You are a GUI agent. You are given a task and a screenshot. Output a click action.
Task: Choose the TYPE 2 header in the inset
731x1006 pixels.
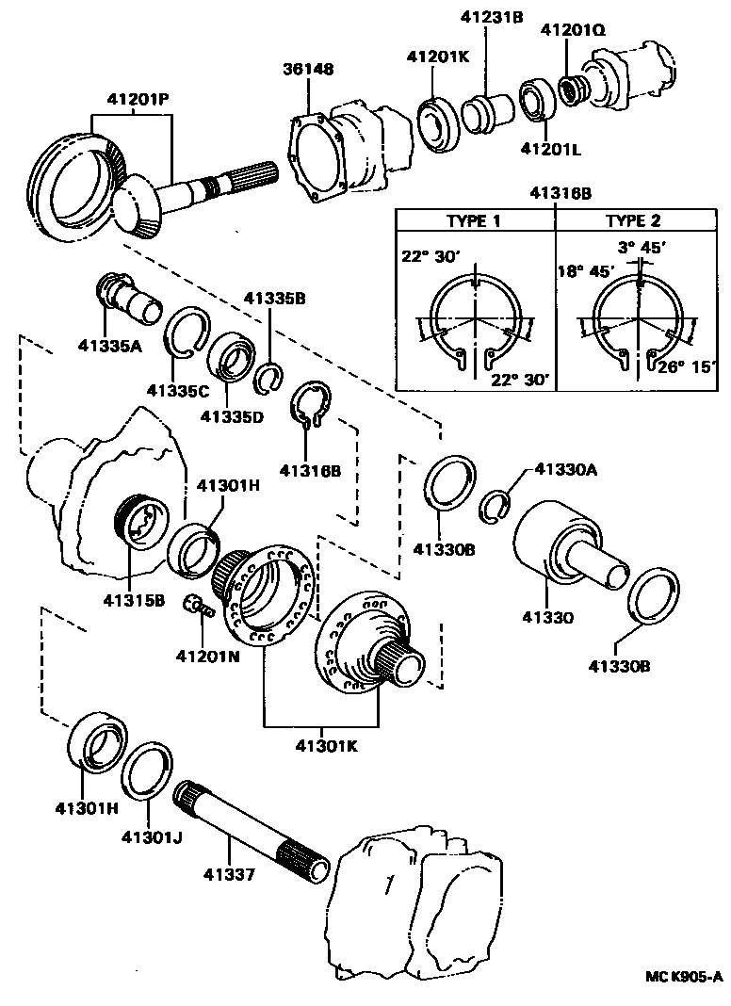tap(633, 221)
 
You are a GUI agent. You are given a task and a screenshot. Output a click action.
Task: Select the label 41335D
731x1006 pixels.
tap(231, 414)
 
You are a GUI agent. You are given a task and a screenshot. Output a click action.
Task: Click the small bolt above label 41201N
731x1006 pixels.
tap(197, 606)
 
